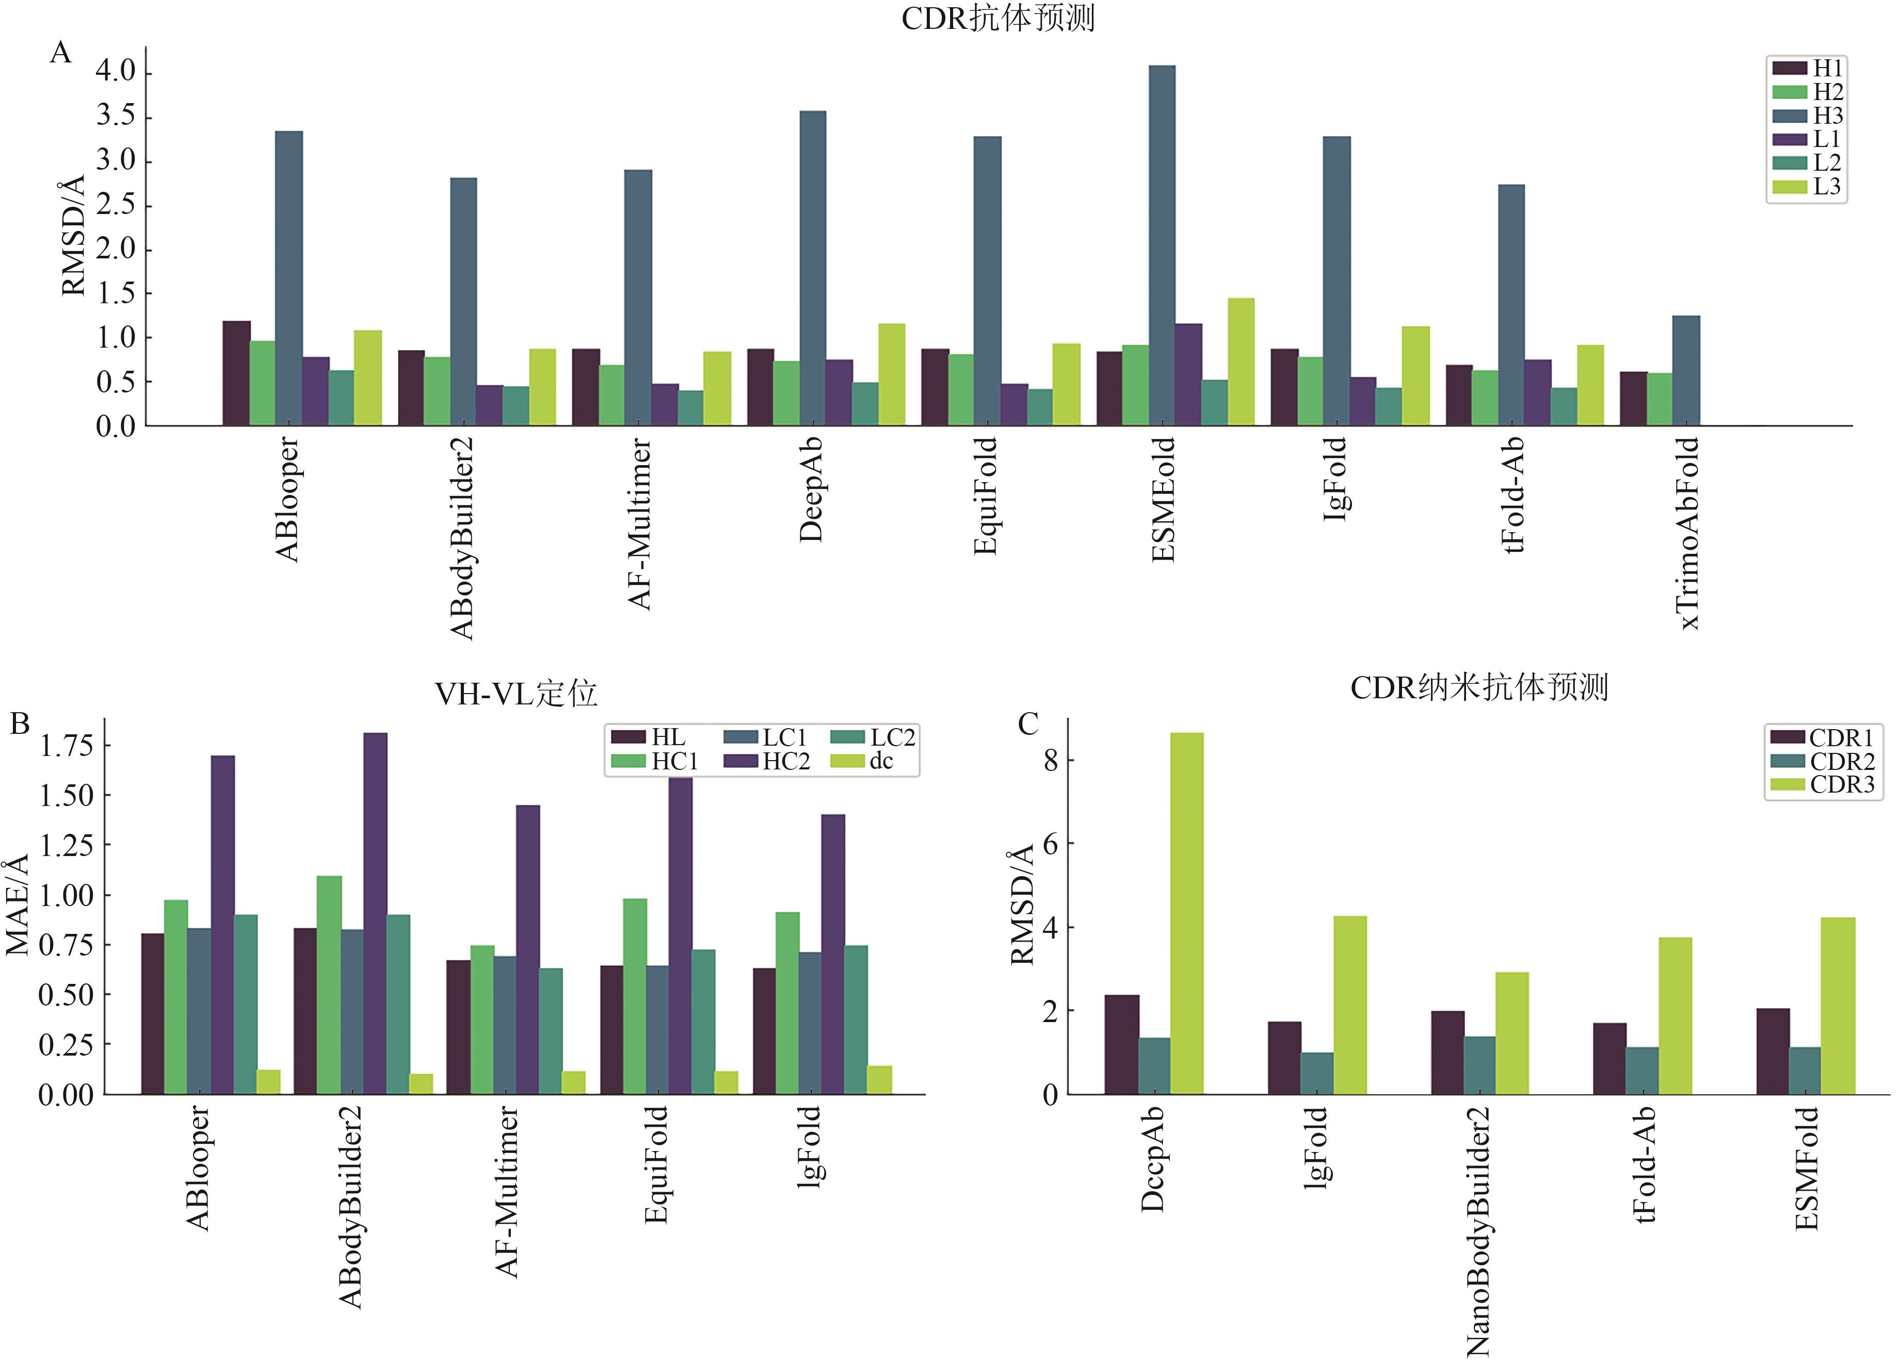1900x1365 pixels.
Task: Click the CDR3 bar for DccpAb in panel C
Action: tap(1186, 913)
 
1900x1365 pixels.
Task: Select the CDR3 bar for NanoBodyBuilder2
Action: tap(1511, 1032)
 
